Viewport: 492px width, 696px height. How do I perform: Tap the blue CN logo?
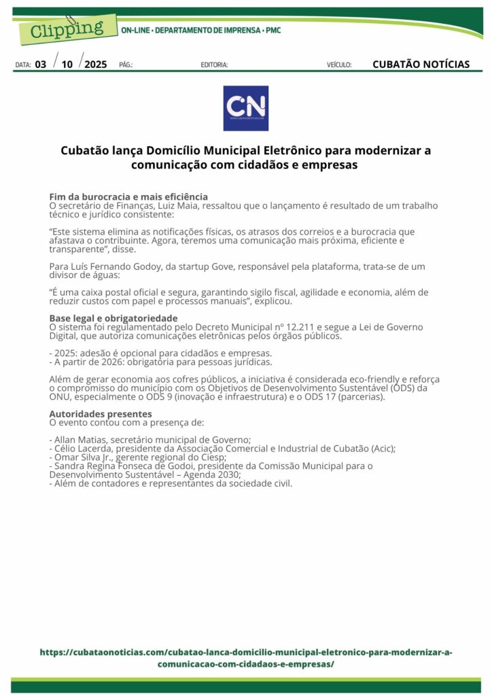pyautogui.click(x=245, y=108)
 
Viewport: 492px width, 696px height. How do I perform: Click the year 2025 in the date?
pyautogui.click(x=95, y=65)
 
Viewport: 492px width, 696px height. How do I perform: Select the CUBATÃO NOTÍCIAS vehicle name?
pyautogui.click(x=421, y=65)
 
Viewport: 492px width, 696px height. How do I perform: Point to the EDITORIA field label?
pyautogui.click(x=214, y=65)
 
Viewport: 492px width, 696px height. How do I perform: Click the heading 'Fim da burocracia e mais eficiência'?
pyautogui.click(x=128, y=196)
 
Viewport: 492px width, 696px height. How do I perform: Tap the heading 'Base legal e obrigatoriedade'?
pyautogui.click(x=113, y=318)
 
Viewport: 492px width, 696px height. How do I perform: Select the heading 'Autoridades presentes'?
pyautogui.click(x=101, y=413)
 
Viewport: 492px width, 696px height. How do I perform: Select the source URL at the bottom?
pyautogui.click(x=245, y=658)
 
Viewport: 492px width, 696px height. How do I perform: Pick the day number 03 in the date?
pyautogui.click(x=41, y=65)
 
